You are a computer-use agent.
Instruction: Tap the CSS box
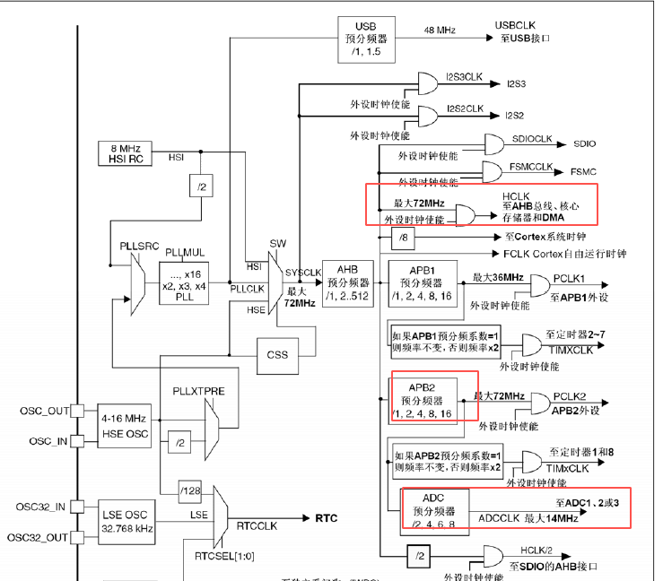(x=278, y=354)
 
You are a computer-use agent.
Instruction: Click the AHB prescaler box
(x=347, y=284)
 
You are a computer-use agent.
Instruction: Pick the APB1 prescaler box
(x=423, y=284)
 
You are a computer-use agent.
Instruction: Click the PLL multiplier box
(x=185, y=284)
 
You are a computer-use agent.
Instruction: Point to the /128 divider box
(x=190, y=490)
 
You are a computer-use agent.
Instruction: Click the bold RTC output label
(x=325, y=518)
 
